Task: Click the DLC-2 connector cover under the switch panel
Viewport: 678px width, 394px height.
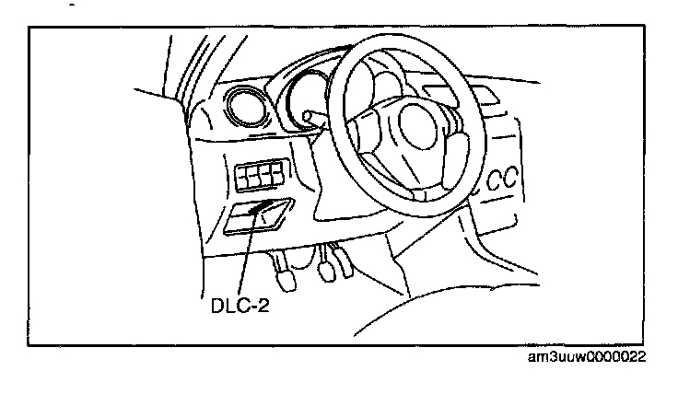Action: [x=259, y=217]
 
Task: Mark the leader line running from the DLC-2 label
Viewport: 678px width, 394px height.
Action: [x=245, y=258]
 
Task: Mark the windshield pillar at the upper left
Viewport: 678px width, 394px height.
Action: [x=177, y=64]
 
